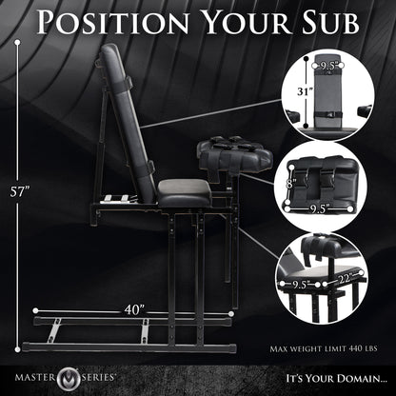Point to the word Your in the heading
coord(238,21)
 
